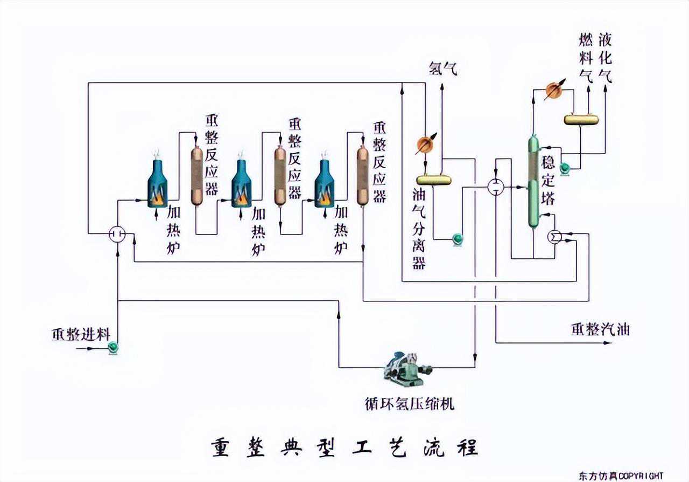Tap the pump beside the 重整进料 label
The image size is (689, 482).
113,348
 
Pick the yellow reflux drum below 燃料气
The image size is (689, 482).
581,118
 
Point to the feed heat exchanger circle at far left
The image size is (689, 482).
117,233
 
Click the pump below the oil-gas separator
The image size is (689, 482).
458,238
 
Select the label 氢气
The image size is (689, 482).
442,68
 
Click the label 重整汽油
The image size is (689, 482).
600,329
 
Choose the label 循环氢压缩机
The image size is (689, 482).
410,403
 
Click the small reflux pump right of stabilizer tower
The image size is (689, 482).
565,168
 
